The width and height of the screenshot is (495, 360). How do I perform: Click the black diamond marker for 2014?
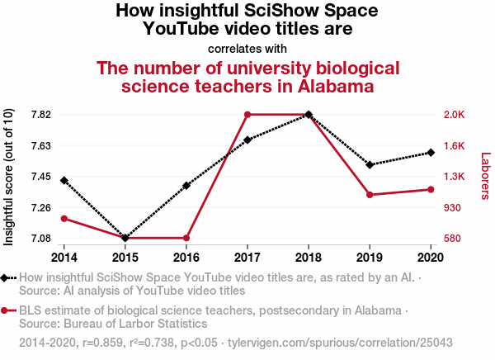(x=64, y=180)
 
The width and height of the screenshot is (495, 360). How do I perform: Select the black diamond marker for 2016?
(x=186, y=185)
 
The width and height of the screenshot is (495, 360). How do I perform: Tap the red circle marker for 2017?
(x=247, y=115)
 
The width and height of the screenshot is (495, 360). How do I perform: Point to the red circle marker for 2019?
(x=370, y=195)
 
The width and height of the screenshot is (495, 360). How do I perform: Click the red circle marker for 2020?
(x=431, y=190)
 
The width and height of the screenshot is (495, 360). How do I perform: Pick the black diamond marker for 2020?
(x=431, y=153)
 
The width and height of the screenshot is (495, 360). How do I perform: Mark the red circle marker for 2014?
(x=64, y=219)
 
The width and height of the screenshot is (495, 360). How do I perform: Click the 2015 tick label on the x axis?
(x=125, y=256)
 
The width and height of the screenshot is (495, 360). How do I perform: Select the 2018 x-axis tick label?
(x=309, y=256)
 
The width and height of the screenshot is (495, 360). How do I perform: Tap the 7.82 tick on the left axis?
(x=40, y=115)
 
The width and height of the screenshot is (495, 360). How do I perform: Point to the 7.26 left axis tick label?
(x=40, y=207)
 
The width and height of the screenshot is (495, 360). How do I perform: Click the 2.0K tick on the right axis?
(x=455, y=115)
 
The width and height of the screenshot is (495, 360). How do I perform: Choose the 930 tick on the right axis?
(x=453, y=207)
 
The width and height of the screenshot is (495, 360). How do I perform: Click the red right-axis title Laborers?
(x=485, y=176)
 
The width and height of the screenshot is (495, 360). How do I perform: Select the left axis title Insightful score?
(x=10, y=177)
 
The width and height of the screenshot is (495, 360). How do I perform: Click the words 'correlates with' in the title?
(x=247, y=49)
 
